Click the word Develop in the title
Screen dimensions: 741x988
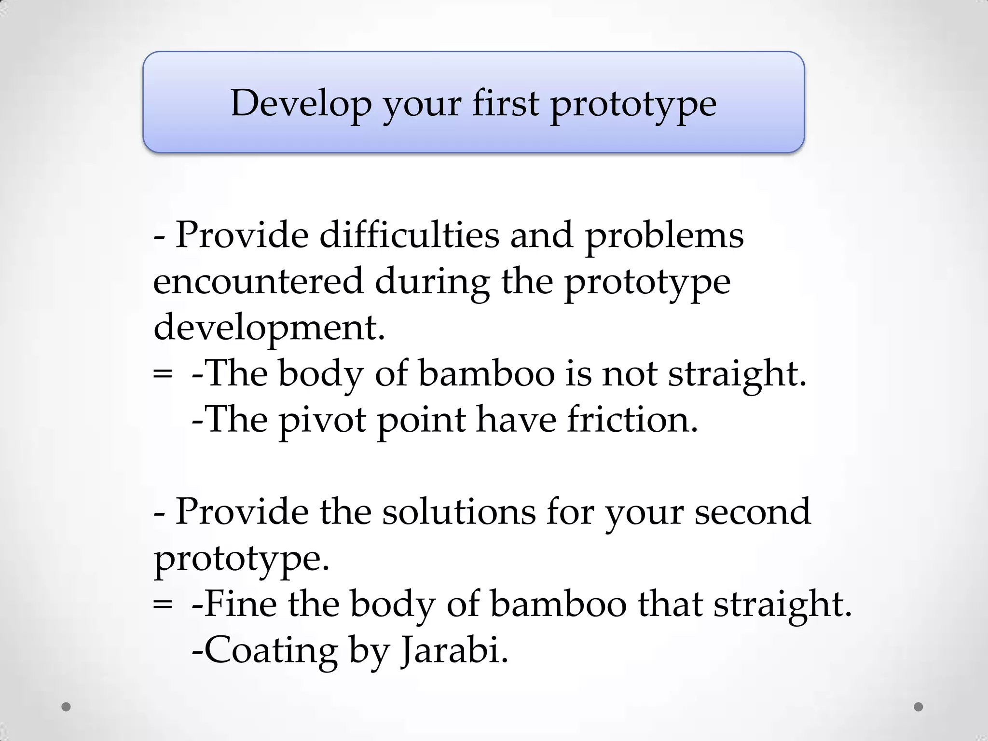[301, 103]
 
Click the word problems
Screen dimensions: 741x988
[664, 235]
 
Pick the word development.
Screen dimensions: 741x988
[269, 328]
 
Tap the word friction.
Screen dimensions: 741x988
[632, 419]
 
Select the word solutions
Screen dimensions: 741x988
[459, 511]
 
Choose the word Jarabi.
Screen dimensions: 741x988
[454, 651]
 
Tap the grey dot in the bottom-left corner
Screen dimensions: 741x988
[67, 707]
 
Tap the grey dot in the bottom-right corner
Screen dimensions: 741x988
[919, 707]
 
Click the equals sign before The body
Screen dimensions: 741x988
[162, 373]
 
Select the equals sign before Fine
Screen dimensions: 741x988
[162, 604]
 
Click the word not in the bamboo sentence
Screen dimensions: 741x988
[629, 373]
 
